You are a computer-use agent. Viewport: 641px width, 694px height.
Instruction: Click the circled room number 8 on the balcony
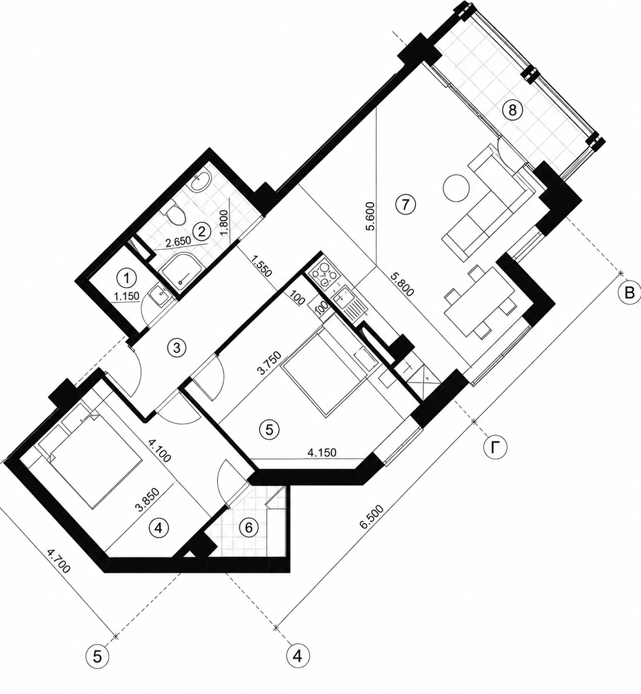513,110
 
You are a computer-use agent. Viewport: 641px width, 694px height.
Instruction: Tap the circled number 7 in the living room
405,204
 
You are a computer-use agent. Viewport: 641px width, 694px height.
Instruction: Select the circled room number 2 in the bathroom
202,232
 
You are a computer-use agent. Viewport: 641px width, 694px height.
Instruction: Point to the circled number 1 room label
126,278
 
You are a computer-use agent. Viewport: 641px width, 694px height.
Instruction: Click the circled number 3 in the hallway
177,348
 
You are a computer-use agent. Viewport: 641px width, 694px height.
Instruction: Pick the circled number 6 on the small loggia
249,527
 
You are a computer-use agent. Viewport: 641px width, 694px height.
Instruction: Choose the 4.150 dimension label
322,452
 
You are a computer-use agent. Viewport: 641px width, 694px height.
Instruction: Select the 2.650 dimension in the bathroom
178,242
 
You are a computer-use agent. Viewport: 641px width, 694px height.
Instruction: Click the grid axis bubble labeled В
629,293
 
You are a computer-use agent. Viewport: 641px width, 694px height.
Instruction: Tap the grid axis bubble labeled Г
494,447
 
